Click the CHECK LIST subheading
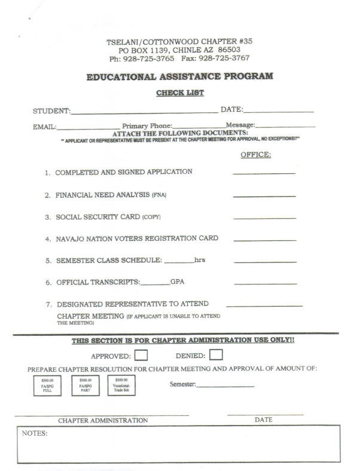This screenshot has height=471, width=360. [x=179, y=93]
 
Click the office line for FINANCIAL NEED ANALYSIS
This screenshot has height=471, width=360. [x=264, y=196]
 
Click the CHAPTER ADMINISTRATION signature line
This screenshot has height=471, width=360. [x=102, y=414]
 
